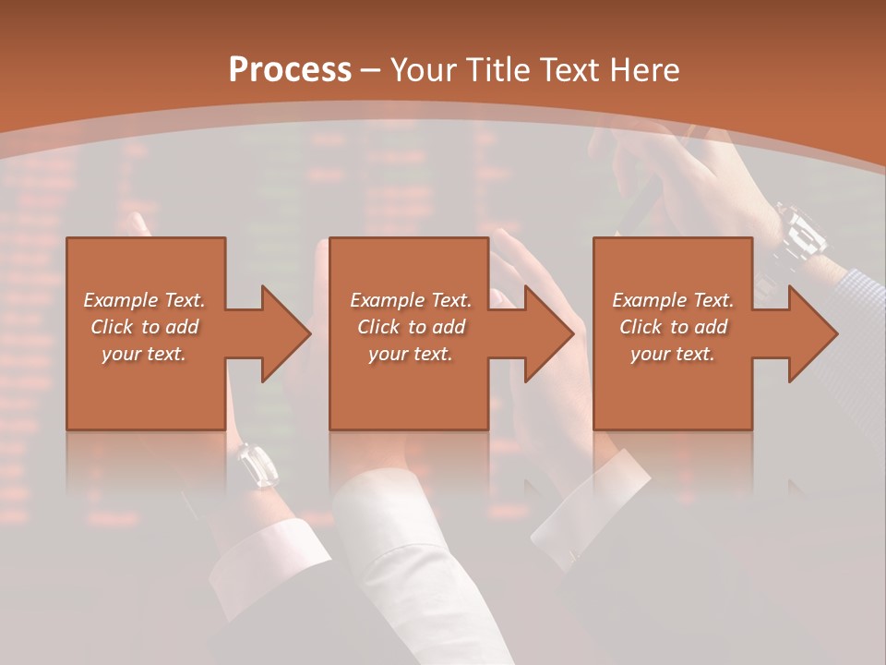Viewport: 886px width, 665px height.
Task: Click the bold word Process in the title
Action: coord(290,70)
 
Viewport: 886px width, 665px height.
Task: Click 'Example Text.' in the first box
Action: coord(144,300)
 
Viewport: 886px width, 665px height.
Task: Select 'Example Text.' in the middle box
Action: coord(410,300)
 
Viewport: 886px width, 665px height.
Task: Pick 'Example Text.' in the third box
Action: coord(673,300)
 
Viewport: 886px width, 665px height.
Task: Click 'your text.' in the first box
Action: coord(144,354)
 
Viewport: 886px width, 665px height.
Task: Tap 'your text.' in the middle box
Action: coord(410,354)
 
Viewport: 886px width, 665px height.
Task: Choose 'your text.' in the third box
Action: coord(673,354)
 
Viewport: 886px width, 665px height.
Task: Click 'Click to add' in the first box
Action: coord(144,327)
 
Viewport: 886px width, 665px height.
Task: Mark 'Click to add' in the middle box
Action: coord(410,327)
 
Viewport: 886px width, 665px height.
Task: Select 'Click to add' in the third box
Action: coord(673,327)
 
